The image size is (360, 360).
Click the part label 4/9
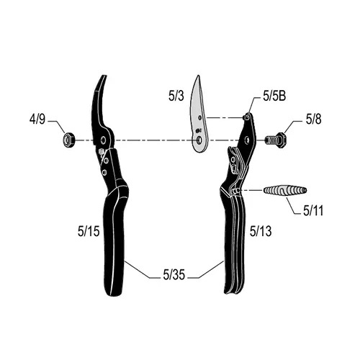[37, 120]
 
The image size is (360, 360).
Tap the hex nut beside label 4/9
[68, 140]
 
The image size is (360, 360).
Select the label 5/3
[176, 96]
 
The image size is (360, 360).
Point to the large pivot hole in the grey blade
[199, 140]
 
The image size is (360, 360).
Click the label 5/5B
[274, 96]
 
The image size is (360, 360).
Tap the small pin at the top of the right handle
[246, 117]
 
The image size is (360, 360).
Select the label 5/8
[313, 120]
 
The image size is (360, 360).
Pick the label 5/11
[313, 211]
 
